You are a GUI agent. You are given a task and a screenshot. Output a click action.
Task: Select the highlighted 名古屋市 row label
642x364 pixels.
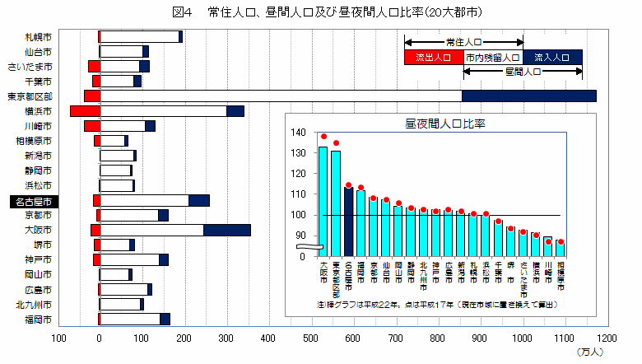[x=32, y=201]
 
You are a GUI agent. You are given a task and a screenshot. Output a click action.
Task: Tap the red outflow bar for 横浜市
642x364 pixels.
[x=85, y=111]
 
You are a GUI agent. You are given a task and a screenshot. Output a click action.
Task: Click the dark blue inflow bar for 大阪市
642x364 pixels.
[x=226, y=230]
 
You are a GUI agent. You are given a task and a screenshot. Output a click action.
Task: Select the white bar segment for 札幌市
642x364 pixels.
[x=139, y=36]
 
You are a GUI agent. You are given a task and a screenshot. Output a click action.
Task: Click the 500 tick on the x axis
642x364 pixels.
[x=311, y=338]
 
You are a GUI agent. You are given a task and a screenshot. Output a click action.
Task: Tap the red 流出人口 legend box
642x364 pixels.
[x=433, y=58]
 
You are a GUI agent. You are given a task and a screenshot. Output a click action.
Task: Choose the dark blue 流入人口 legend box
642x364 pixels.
[x=552, y=58]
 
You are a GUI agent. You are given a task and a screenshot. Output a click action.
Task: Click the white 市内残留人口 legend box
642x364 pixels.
[x=492, y=58]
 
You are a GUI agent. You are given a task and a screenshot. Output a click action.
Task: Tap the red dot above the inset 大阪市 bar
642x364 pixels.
[x=323, y=137]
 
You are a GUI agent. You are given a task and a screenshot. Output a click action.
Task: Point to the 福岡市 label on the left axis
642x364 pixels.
[x=38, y=319]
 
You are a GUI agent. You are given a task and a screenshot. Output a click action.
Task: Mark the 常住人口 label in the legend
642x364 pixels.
[x=463, y=40]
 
